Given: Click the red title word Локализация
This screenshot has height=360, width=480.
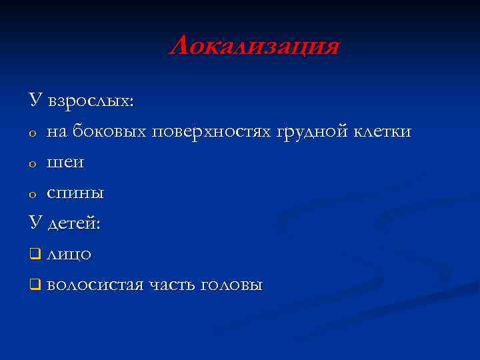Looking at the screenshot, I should pyautogui.click(x=254, y=47).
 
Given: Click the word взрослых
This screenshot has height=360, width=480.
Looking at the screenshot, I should pyautogui.click(x=91, y=102).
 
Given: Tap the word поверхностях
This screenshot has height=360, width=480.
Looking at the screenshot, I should pyautogui.click(x=213, y=132).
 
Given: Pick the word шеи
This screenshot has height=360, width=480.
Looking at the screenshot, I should pyautogui.click(x=65, y=163).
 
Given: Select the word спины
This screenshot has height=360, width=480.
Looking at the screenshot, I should pyautogui.click(x=75, y=194).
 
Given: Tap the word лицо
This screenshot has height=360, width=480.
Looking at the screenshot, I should pyautogui.click(x=69, y=255).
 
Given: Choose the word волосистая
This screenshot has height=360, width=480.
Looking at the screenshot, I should pyautogui.click(x=95, y=285).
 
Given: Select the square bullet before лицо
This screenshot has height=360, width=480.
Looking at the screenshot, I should pyautogui.click(x=34, y=254).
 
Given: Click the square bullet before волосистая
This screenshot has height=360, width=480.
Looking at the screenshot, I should pyautogui.click(x=34, y=285).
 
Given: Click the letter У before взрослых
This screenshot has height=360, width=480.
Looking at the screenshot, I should pyautogui.click(x=35, y=101).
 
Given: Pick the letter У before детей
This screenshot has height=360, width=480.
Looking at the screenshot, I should pyautogui.click(x=35, y=223).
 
